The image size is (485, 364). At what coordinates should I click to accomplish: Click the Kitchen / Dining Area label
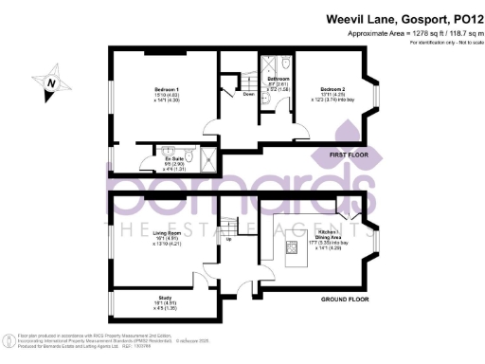[x=329, y=231]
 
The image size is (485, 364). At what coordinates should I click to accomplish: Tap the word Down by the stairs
[x=248, y=95]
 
